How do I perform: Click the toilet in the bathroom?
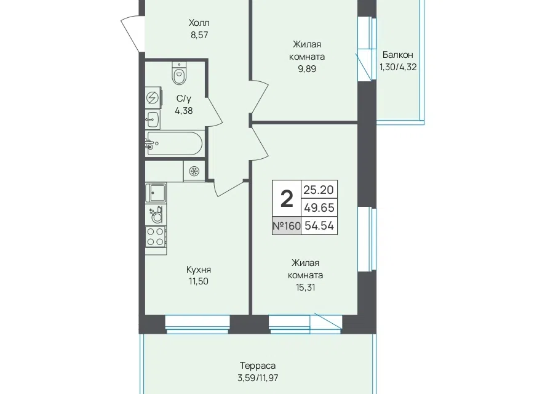click(x=179, y=73)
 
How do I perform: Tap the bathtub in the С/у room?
click(x=174, y=143)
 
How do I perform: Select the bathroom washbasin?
click(x=153, y=119)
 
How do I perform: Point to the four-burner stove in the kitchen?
click(x=156, y=236)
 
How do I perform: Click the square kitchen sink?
click(x=156, y=193)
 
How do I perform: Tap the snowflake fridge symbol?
click(x=194, y=171)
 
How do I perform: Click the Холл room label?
click(x=199, y=23)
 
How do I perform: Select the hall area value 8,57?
click(x=199, y=35)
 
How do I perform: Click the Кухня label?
click(x=199, y=270)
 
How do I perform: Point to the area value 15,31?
click(x=306, y=287)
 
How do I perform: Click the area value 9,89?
click(x=307, y=69)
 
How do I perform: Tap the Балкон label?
click(x=398, y=55)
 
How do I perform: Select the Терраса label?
click(x=258, y=366)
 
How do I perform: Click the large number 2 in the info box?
click(x=287, y=199)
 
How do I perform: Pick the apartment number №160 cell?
click(x=287, y=226)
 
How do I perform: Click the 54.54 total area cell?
click(x=319, y=226)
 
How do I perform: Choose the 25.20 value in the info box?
click(x=319, y=190)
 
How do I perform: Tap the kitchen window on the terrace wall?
click(x=197, y=324)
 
